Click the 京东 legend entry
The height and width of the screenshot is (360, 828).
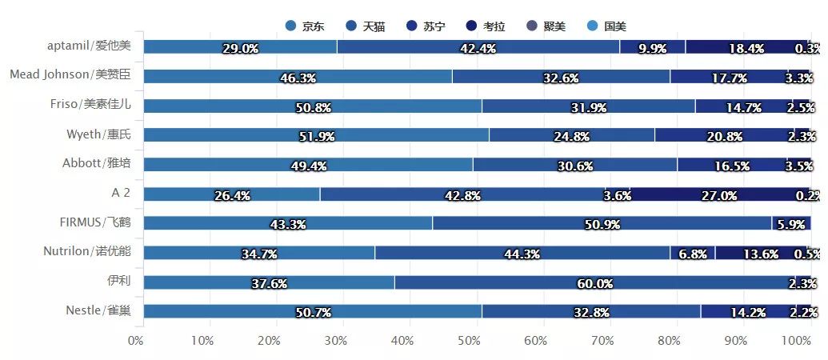(305, 26)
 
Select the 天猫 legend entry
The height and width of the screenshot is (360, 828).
(366, 26)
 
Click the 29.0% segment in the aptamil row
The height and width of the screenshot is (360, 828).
(240, 48)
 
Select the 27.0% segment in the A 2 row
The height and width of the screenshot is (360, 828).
(718, 194)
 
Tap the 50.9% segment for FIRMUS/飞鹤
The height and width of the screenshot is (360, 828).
(602, 223)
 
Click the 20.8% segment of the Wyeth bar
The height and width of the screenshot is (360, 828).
(723, 135)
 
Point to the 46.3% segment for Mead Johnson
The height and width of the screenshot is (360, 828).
(298, 77)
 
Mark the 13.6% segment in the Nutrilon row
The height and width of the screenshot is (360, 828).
(760, 253)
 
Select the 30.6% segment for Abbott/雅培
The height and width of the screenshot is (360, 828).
(574, 165)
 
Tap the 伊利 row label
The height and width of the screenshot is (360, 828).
(118, 281)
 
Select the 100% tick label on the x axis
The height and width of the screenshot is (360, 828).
(796, 341)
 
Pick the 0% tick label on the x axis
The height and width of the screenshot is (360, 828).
(136, 341)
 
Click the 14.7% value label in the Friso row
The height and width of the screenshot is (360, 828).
(730, 106)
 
